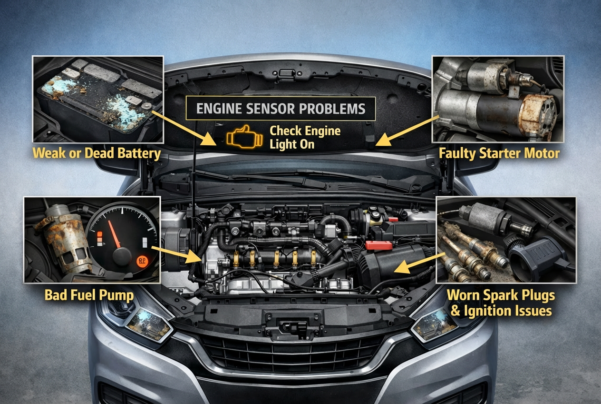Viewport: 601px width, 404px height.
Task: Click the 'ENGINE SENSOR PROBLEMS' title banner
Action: pos(281,109)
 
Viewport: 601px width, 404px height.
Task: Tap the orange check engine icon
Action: pos(244,138)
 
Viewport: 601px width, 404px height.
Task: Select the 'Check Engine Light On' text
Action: pos(305,137)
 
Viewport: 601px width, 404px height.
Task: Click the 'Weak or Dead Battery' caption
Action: pos(96,153)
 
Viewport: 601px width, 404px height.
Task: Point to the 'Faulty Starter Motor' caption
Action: pos(499,153)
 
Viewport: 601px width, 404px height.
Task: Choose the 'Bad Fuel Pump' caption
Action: pos(89,295)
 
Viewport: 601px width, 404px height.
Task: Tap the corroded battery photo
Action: pos(97,99)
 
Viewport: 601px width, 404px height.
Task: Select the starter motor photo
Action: pos(497,99)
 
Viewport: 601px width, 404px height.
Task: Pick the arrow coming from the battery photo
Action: pos(185,128)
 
